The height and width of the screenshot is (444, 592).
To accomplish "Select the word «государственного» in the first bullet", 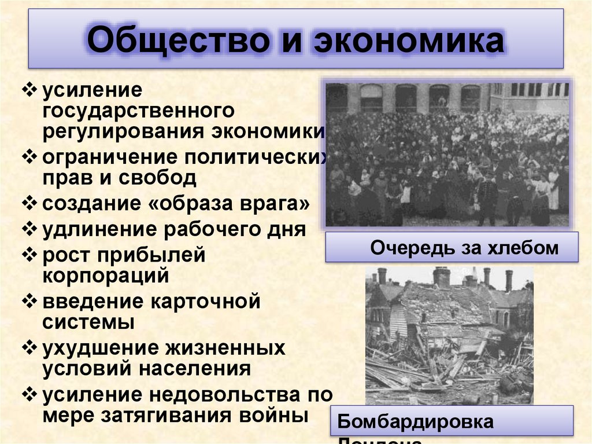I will [137, 110].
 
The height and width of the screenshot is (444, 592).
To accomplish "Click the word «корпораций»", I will [105, 275].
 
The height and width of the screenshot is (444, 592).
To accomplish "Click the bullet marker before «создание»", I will [30, 204].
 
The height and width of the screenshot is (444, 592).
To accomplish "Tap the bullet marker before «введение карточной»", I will [30, 302].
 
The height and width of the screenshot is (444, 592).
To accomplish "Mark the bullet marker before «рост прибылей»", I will [30, 255].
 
